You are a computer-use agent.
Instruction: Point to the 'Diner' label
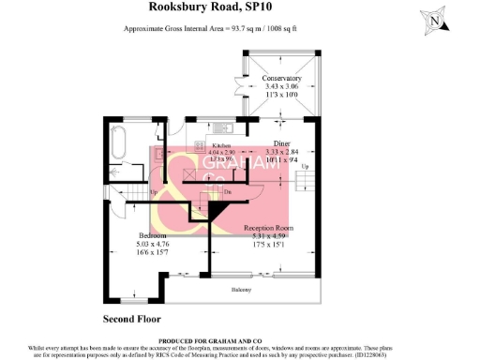tap(282, 143)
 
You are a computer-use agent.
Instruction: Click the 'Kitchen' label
tap(221, 147)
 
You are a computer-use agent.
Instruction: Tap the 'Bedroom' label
tap(127, 234)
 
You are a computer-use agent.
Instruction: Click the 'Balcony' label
tap(241, 291)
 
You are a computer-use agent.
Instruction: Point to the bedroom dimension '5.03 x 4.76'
tap(127, 243)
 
